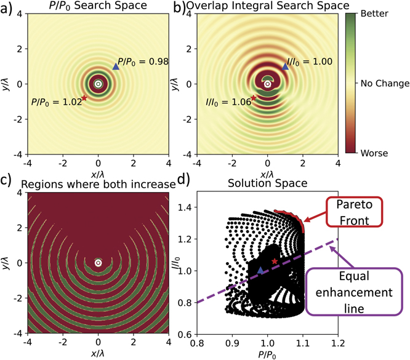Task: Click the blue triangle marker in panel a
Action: click(115, 66)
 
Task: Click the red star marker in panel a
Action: click(84, 97)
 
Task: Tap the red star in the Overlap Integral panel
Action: click(254, 97)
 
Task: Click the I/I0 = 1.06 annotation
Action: click(228, 102)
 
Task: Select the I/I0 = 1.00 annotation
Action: click(310, 62)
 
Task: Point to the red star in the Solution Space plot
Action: click(275, 262)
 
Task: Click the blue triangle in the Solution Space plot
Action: click(261, 271)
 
